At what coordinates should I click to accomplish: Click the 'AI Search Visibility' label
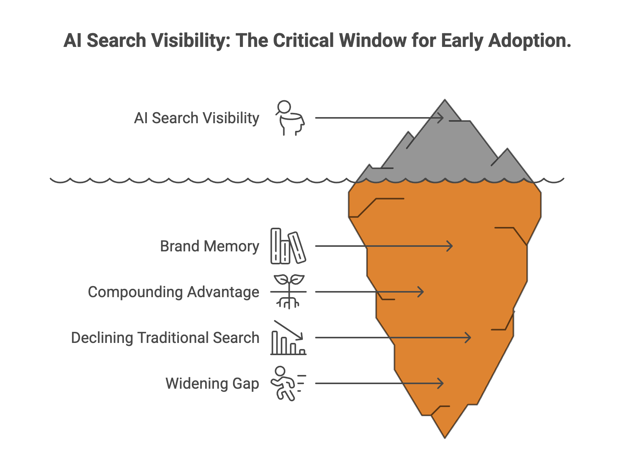pyautogui.click(x=196, y=118)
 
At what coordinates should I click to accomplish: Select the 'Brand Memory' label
pyautogui.click(x=209, y=246)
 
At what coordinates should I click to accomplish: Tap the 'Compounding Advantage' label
pyautogui.click(x=174, y=292)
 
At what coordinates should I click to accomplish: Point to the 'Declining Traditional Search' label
pyautogui.click(x=165, y=338)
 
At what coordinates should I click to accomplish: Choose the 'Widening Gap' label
pyautogui.click(x=212, y=384)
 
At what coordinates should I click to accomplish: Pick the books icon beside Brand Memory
pyautogui.click(x=288, y=246)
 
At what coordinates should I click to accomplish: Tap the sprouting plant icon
pyautogui.click(x=289, y=292)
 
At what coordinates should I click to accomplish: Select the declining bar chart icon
pyautogui.click(x=288, y=338)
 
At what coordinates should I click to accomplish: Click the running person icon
pyautogui.click(x=287, y=384)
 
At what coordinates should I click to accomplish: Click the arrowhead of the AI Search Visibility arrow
pyautogui.click(x=442, y=118)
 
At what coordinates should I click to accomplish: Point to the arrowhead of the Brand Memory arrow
pyautogui.click(x=451, y=246)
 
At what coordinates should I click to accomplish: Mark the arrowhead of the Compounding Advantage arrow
pyautogui.click(x=422, y=292)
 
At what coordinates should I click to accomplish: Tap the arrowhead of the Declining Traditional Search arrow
pyautogui.click(x=469, y=338)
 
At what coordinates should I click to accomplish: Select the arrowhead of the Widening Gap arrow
pyautogui.click(x=442, y=383)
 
